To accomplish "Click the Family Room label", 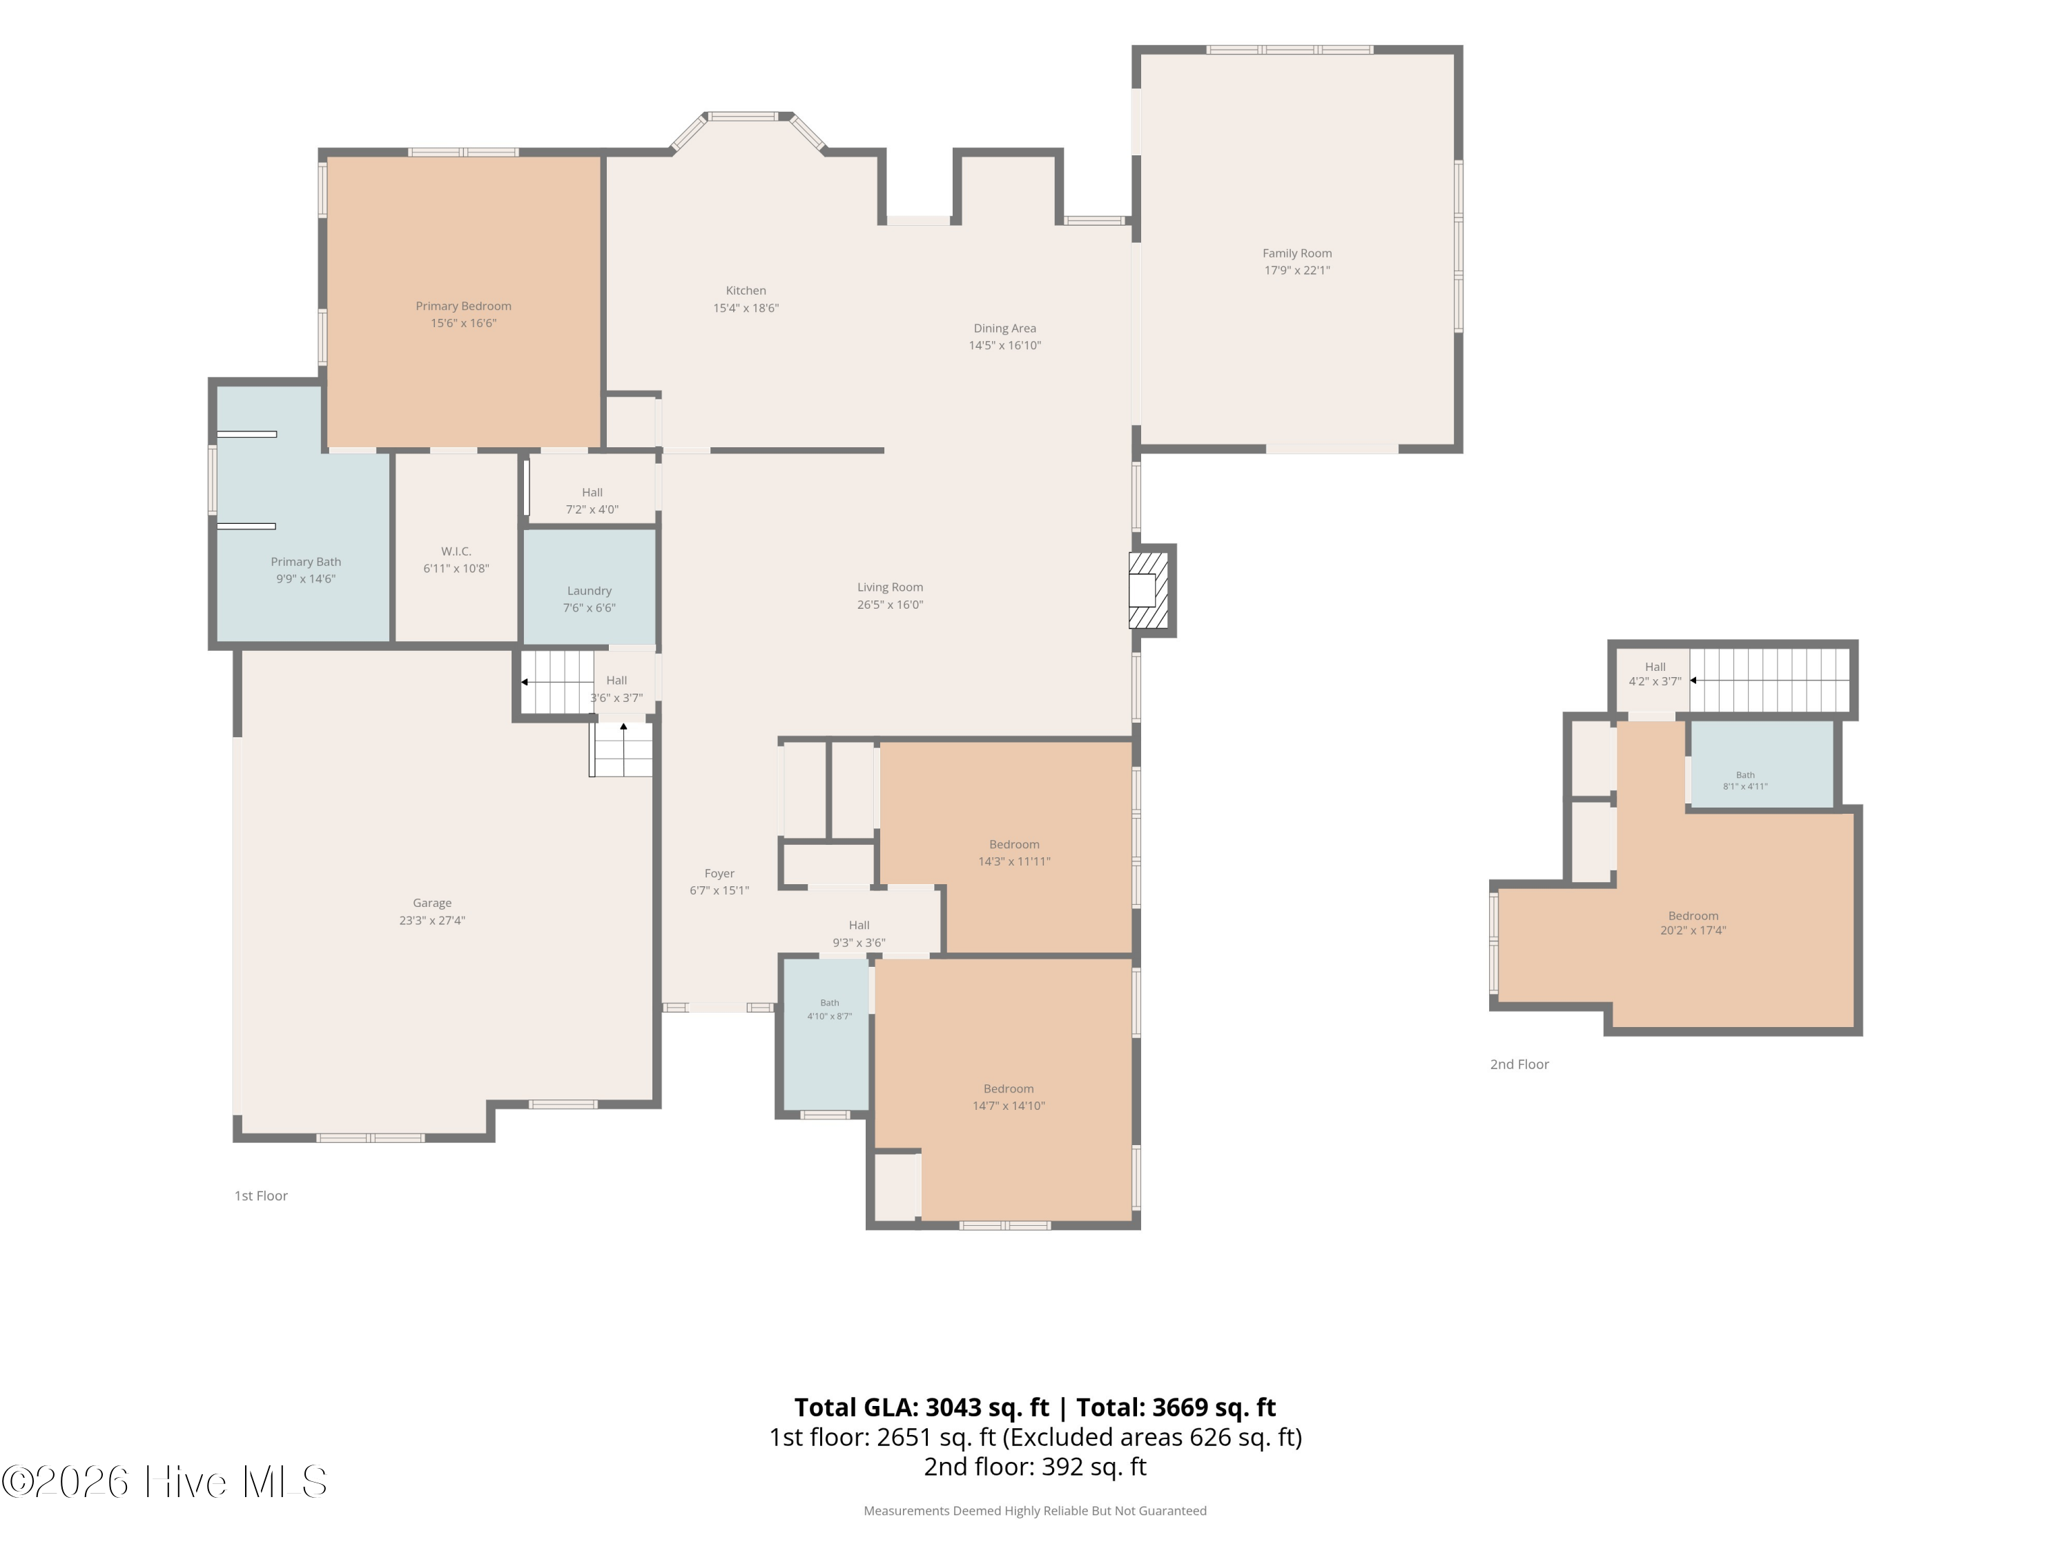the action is click(1296, 253).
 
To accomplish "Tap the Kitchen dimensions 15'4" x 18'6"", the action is click(746, 308).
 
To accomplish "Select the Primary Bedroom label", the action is click(463, 306).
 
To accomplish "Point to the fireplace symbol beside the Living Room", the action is click(1149, 589).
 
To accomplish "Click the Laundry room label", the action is click(589, 591).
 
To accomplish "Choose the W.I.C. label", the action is click(456, 551).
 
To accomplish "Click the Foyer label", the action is click(719, 873).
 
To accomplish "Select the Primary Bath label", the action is click(305, 562).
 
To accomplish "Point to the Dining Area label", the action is click(1004, 329).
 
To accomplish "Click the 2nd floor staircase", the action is click(1769, 681).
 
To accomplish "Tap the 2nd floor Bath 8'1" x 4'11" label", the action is click(1745, 781).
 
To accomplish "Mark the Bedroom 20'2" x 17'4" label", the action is click(1693, 923).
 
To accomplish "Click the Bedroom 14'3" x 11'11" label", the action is click(1014, 853).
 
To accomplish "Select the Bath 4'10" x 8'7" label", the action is click(830, 1009).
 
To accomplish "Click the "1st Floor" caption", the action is click(260, 1195).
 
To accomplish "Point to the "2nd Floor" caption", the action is click(1519, 1064).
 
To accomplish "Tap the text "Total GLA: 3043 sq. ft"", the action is click(922, 1407).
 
